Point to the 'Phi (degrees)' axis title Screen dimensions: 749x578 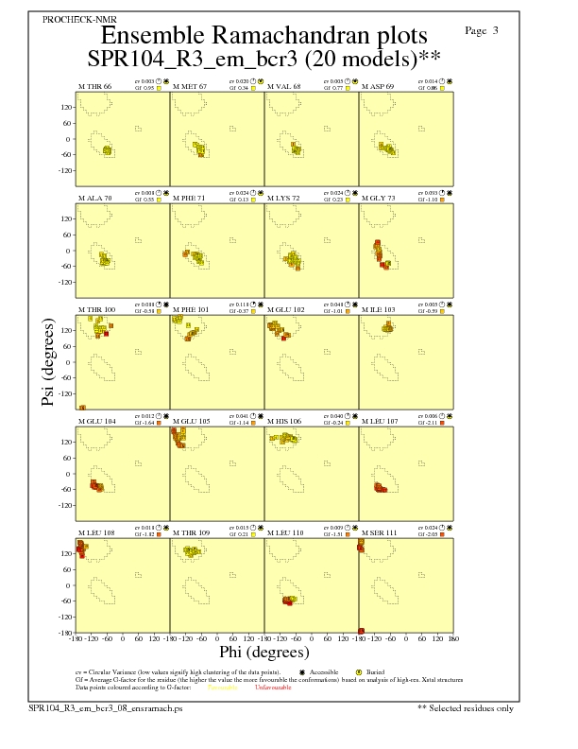pos(263,652)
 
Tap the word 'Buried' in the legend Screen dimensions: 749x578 pos(369,671)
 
